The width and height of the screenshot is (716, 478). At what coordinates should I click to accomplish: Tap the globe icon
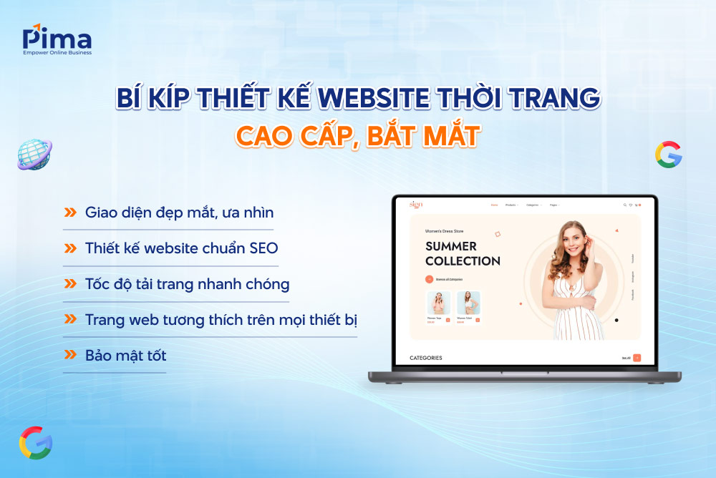(34, 155)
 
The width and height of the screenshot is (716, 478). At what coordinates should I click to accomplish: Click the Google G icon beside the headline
(668, 155)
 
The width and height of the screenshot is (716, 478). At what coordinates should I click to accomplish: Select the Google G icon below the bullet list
(35, 442)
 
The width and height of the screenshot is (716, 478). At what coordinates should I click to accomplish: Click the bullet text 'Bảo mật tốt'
(125, 355)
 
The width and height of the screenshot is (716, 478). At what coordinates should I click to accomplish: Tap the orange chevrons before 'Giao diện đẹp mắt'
(70, 213)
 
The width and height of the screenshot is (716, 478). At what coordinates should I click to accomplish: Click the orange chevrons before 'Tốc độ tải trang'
(70, 284)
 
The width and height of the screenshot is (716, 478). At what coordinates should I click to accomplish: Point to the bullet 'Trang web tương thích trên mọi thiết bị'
(221, 319)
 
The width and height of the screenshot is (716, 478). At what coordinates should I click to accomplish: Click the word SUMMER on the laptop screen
(450, 246)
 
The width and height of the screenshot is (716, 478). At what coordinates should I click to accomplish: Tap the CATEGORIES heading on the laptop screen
(425, 358)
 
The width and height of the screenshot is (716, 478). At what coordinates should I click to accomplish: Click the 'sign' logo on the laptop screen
(416, 205)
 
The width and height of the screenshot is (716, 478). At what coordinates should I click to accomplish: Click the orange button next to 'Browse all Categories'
(429, 279)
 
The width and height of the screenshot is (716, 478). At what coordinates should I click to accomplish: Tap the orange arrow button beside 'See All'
(637, 358)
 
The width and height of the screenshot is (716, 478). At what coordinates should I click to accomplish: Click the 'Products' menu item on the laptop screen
(511, 205)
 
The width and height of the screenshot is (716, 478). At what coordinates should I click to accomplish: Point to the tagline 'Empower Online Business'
(57, 52)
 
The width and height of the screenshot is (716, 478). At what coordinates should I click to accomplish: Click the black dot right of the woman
(616, 320)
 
